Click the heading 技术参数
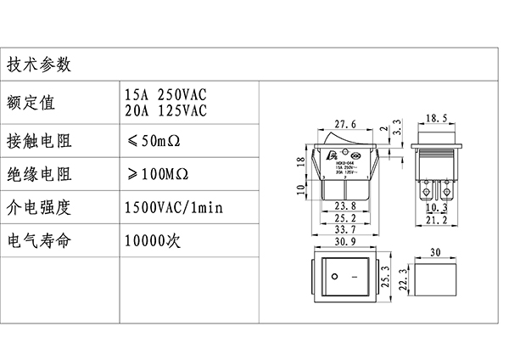point(38,65)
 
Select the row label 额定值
point(31,103)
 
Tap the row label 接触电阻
point(38,139)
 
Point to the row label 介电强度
point(38,206)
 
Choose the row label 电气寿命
point(38,241)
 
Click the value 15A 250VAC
point(165,93)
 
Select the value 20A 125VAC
point(165,110)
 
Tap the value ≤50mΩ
point(156,139)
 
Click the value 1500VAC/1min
point(173,206)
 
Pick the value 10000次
point(153,241)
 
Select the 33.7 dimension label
point(345,228)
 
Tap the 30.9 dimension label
point(345,243)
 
